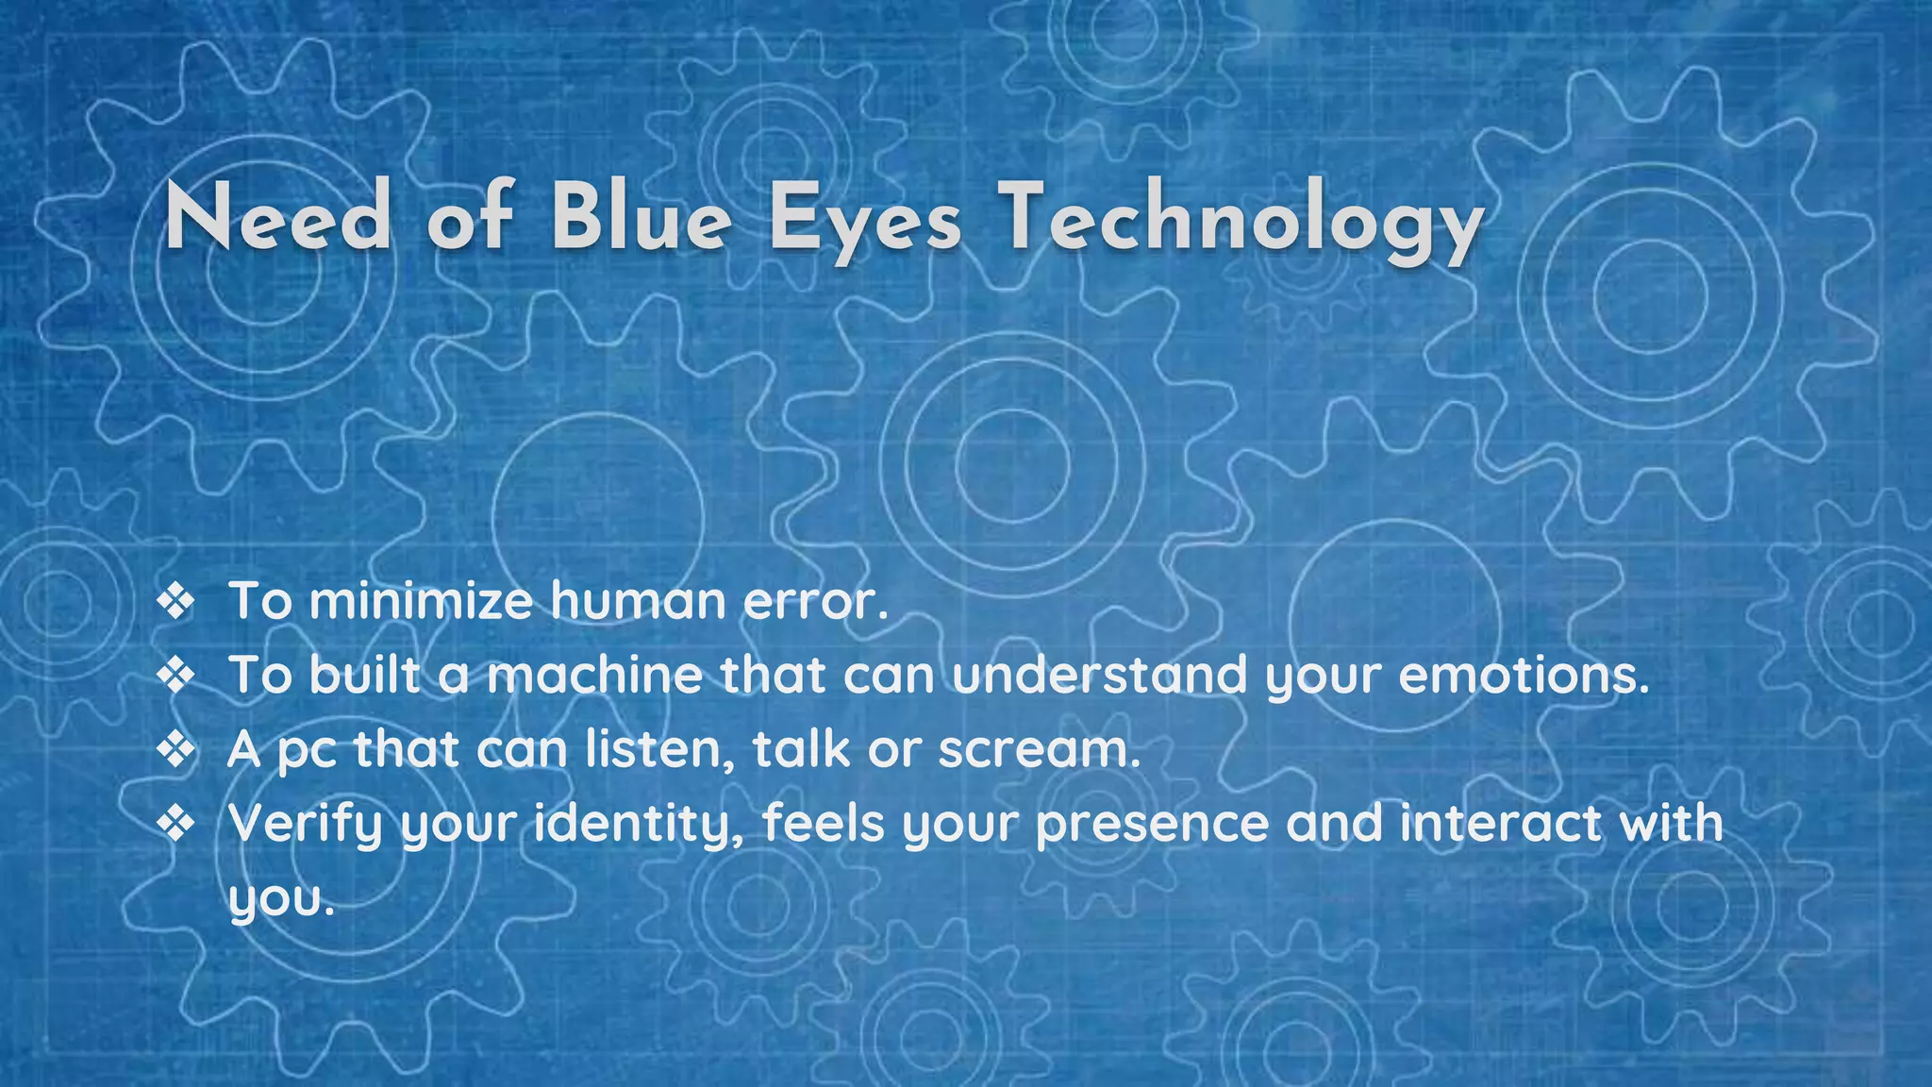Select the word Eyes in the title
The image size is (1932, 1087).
(865, 219)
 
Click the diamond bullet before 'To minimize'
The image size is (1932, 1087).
(175, 602)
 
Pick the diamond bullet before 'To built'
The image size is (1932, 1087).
(175, 676)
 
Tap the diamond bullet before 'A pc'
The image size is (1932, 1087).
(175, 750)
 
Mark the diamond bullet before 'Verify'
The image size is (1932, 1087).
(175, 824)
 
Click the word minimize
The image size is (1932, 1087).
(421, 601)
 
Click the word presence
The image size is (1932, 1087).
(1152, 824)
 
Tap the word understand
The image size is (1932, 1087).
(1099, 675)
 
